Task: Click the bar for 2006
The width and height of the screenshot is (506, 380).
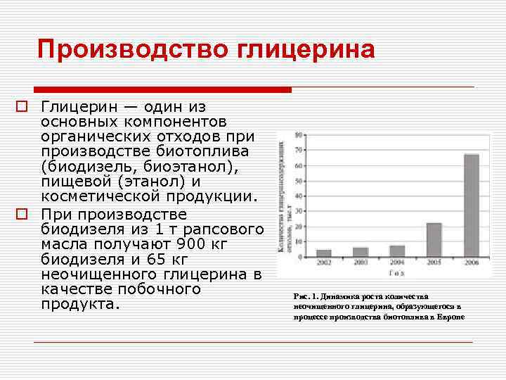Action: (471, 205)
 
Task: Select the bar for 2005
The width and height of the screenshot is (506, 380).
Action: (434, 240)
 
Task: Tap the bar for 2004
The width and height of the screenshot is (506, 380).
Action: (397, 251)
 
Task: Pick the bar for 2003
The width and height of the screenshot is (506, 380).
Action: (361, 252)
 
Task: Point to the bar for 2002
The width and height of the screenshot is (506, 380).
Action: (324, 253)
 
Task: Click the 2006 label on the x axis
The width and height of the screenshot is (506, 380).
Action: (472, 262)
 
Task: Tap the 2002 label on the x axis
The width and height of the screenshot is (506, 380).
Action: (324, 262)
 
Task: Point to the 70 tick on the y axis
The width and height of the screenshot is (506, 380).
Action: (299, 150)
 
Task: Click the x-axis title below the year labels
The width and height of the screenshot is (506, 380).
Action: (397, 272)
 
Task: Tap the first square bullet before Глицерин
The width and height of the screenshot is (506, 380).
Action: (22, 108)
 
